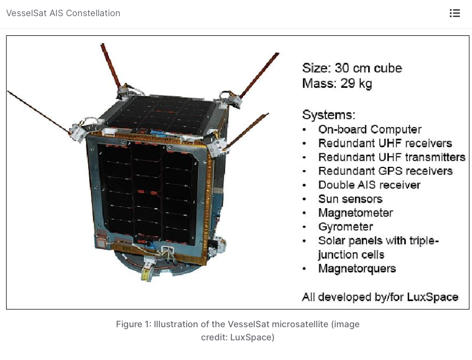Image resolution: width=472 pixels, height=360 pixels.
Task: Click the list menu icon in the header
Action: pyautogui.click(x=454, y=13)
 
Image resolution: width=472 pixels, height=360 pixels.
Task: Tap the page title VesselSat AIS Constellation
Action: pyautogui.click(x=63, y=13)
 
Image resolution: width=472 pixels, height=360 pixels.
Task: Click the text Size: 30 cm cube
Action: pyautogui.click(x=352, y=69)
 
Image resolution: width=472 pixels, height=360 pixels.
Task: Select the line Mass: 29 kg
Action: pyautogui.click(x=337, y=84)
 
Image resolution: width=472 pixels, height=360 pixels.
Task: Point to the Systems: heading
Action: pyautogui.click(x=329, y=114)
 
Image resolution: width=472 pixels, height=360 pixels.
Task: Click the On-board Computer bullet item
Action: pyautogui.click(x=370, y=130)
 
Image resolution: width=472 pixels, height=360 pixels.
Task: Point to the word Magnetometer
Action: pyautogui.click(x=356, y=213)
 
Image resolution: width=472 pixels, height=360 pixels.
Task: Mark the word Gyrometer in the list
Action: pyautogui.click(x=345, y=227)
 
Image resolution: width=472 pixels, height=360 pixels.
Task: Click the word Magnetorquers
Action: pyautogui.click(x=357, y=269)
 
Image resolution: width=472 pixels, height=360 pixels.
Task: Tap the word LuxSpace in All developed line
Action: pyautogui.click(x=433, y=297)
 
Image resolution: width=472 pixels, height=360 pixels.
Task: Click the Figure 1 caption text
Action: pyautogui.click(x=238, y=330)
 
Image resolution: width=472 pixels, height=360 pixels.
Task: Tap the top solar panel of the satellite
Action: pyautogui.click(x=162, y=114)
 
